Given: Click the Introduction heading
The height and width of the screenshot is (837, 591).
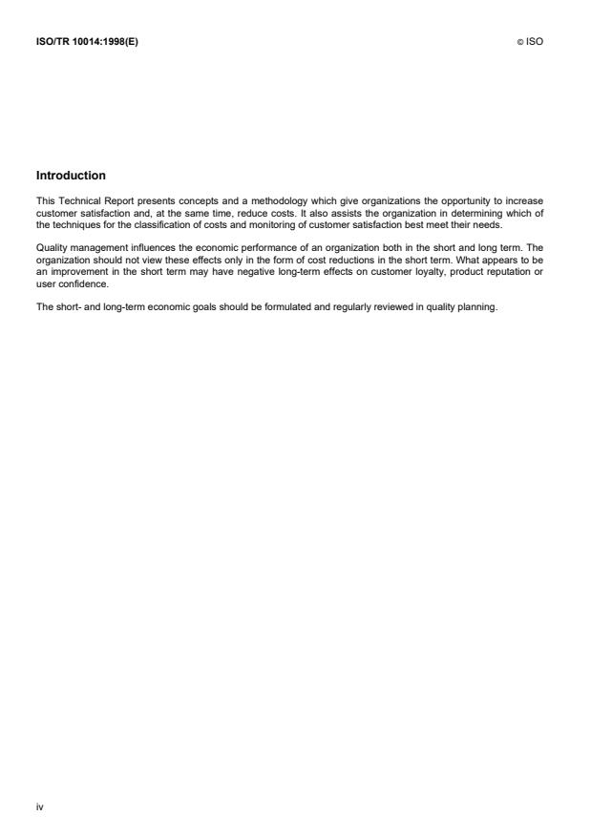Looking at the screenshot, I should [x=71, y=176].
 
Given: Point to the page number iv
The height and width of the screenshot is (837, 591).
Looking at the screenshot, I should [x=39, y=806].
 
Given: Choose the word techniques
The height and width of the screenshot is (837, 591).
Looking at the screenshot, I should [x=76, y=222].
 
